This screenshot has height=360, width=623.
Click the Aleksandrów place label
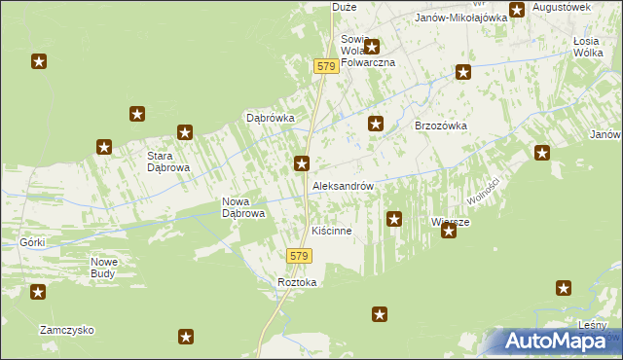(x=343, y=185)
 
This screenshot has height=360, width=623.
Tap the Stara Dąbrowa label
(x=167, y=162)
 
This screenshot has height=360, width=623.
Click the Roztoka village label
(x=297, y=282)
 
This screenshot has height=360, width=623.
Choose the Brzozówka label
(x=442, y=126)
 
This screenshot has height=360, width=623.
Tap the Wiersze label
(x=451, y=222)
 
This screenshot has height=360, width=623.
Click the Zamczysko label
(x=66, y=330)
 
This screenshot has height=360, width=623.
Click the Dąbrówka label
(x=270, y=118)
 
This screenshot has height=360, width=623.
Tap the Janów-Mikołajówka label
(x=461, y=18)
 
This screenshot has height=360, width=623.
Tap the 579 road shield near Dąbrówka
(x=326, y=66)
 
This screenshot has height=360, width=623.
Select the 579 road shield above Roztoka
(x=299, y=256)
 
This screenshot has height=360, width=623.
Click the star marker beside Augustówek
(x=517, y=10)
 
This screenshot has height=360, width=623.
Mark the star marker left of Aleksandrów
(x=303, y=163)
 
